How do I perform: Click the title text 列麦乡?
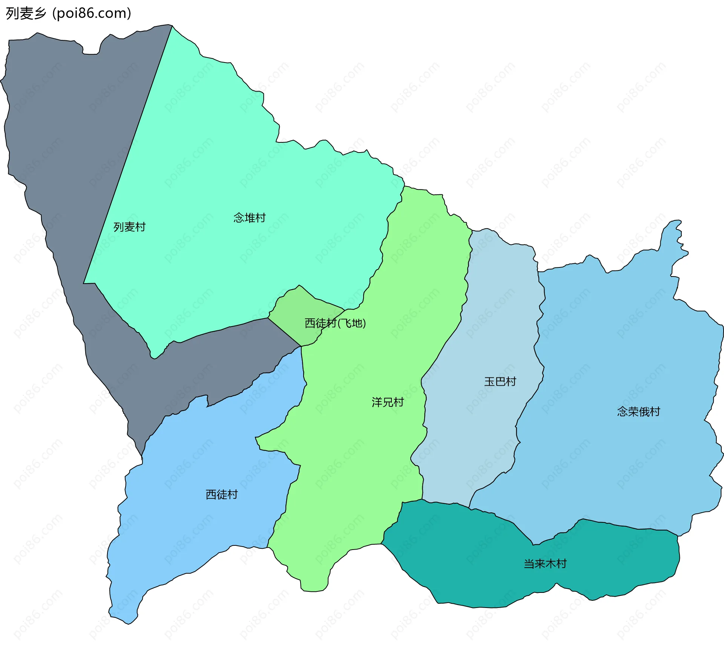point(26,14)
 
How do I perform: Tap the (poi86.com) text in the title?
point(92,14)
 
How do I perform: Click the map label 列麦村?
point(129,227)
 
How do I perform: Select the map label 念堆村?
point(249,218)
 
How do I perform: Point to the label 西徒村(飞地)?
point(335,323)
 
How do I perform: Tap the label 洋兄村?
point(387,402)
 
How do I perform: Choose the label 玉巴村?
point(500,382)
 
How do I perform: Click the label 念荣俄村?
point(638,412)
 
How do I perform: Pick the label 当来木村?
point(545,564)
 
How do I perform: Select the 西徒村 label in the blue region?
point(221,495)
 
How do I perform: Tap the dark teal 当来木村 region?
point(471,557)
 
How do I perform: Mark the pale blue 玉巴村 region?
point(490,320)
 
